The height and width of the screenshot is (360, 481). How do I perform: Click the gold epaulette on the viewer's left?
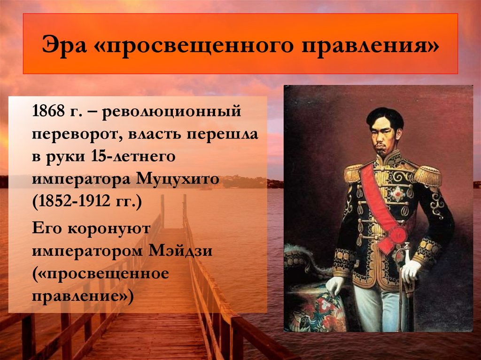click(x=353, y=173)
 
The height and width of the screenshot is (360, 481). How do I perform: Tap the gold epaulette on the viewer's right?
click(x=428, y=176)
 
